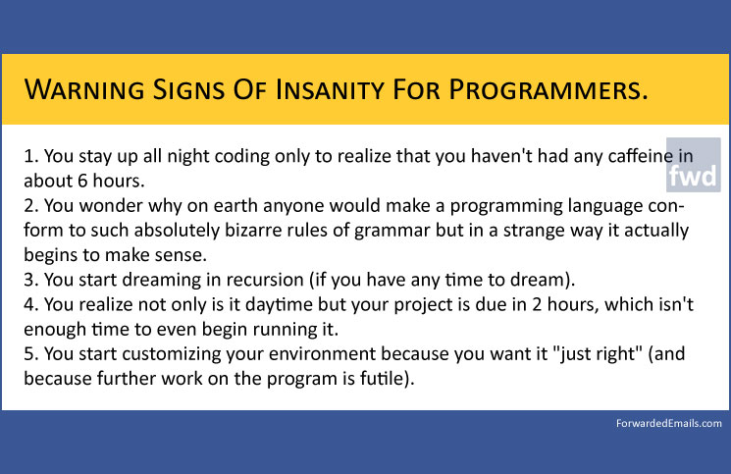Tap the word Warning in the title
(84, 89)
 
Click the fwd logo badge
(694, 165)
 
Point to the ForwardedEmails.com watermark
(668, 423)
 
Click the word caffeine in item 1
(641, 156)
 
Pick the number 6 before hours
(82, 181)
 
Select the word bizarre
(252, 231)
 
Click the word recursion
(265, 280)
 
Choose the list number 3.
(30, 280)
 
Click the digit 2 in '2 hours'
(537, 304)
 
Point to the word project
(422, 305)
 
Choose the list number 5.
(30, 353)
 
